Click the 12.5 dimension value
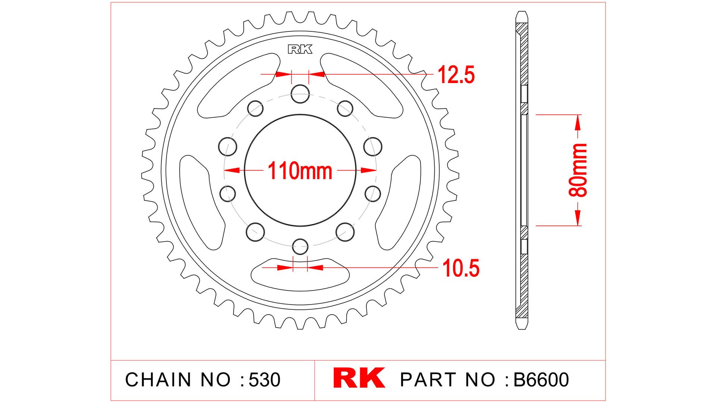pos(456,74)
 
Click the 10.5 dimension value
pos(461,268)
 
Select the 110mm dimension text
pos(300,171)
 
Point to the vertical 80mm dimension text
pos(578,170)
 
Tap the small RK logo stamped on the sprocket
pos(300,49)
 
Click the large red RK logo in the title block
pos(359,378)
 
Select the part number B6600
pos(541,379)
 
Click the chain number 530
pos(264,380)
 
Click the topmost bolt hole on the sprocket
pos(300,94)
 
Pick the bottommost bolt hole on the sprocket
pos(300,247)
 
